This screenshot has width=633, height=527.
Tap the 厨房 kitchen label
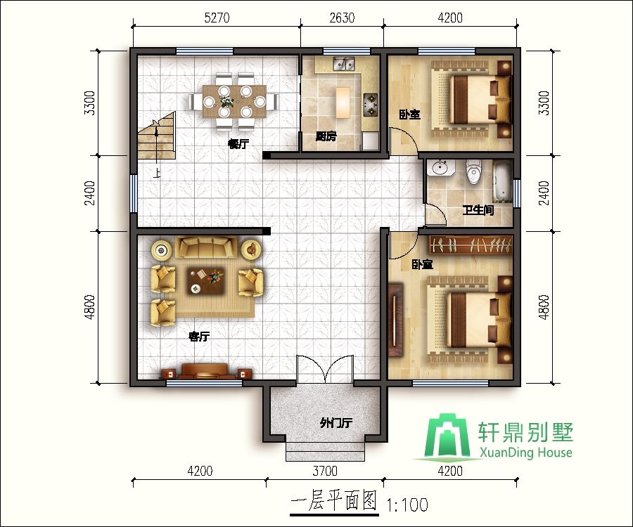325,137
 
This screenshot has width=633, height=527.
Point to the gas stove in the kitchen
370,105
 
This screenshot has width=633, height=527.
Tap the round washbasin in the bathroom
441,169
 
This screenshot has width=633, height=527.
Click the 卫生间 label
478,209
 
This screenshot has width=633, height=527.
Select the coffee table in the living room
206,280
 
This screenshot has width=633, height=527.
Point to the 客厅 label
199,337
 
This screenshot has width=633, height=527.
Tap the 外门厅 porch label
335,423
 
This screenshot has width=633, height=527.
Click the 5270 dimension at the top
217,19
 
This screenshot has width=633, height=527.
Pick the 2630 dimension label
342,19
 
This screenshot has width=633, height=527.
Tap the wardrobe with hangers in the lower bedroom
471,245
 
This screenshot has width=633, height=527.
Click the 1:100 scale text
407,505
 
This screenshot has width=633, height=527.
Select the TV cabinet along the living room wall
205,372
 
